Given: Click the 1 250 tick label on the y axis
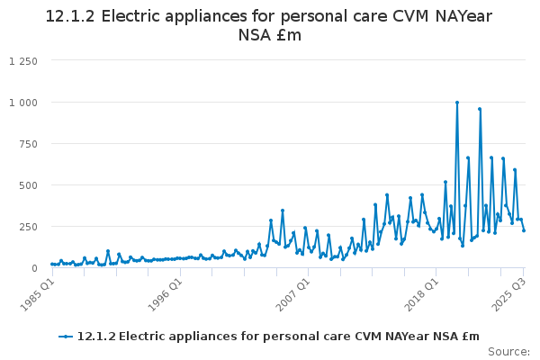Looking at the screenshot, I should point(23,61).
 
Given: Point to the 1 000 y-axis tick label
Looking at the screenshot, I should point(23,103).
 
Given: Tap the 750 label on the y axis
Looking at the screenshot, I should point(30,144).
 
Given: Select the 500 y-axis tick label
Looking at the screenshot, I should point(30,185).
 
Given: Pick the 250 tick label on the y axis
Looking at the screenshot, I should point(30,227).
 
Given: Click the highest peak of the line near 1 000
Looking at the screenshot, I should point(457,103).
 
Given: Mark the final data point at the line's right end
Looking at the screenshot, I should point(524,230).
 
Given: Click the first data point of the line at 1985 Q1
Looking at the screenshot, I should point(52,264).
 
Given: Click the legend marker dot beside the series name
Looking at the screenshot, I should point(66,337).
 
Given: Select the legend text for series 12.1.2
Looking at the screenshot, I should point(279,337).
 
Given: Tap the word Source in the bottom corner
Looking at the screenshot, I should point(508,351).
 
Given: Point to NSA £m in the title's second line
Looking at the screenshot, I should point(270,35).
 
